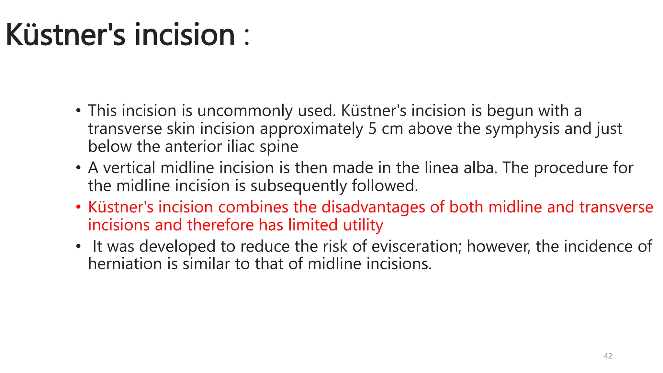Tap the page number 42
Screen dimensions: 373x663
608,356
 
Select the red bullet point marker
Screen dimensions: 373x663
78,207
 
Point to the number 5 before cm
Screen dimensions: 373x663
372,129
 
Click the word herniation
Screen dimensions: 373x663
125,264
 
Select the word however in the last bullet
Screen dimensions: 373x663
499,247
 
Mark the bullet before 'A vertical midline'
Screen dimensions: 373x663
78,168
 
